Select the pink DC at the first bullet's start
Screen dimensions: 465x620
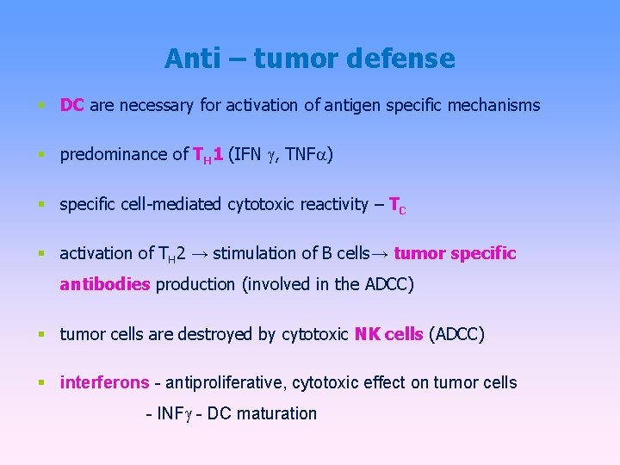click(x=71, y=106)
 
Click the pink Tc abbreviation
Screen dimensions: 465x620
click(x=397, y=205)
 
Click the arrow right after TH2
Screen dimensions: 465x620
click(x=199, y=254)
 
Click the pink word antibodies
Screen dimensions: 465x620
click(x=105, y=284)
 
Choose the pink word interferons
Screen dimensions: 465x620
click(x=98, y=382)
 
